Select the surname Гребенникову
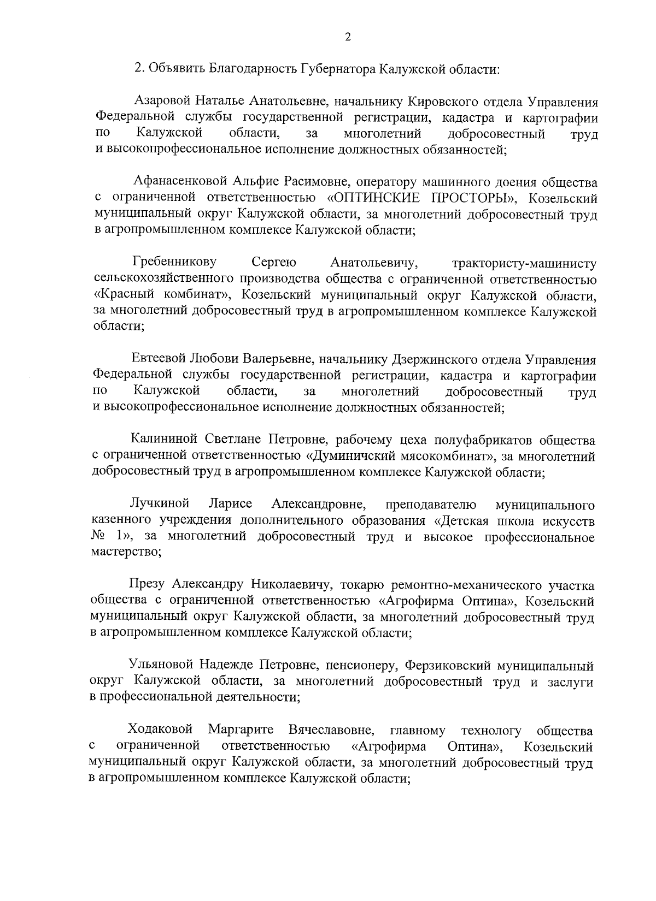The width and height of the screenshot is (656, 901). (174, 262)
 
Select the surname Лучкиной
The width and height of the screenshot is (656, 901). (160, 503)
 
